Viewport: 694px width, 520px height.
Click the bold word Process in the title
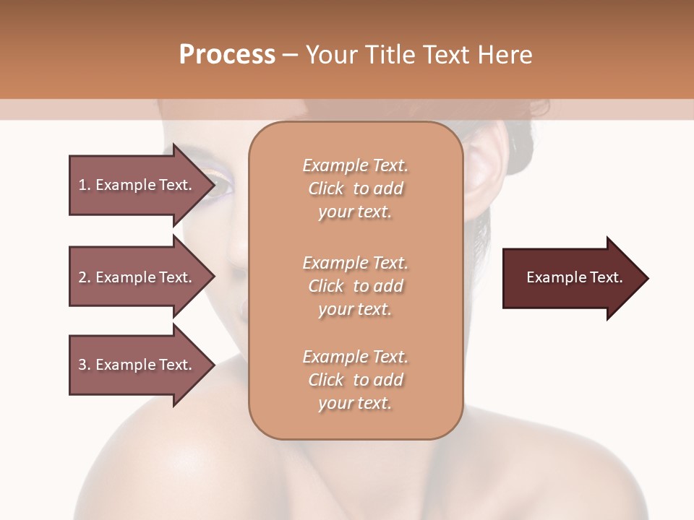(x=227, y=55)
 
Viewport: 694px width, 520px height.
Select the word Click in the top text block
(x=326, y=189)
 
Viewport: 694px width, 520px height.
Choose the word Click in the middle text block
(x=326, y=286)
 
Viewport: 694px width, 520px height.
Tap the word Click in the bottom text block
(x=326, y=380)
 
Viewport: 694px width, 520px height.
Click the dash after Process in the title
(x=290, y=55)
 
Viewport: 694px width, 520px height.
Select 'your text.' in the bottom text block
(x=355, y=404)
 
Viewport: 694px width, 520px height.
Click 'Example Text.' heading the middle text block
(x=355, y=262)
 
